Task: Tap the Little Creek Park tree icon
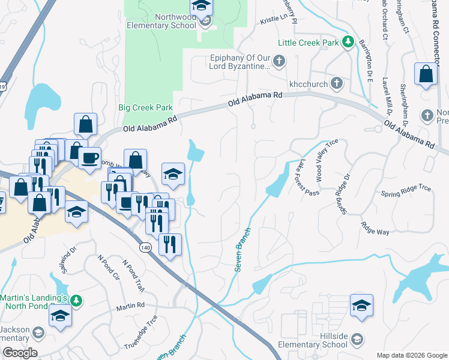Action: coord(347,42)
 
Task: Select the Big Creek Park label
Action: coord(145,108)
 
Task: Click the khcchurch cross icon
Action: coord(337,82)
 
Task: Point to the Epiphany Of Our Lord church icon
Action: coord(279,60)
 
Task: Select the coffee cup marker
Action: coord(89,158)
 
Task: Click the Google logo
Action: coord(20,353)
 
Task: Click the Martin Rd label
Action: coord(130,306)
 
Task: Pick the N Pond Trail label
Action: coord(133,275)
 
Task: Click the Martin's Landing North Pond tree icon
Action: coord(76,299)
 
